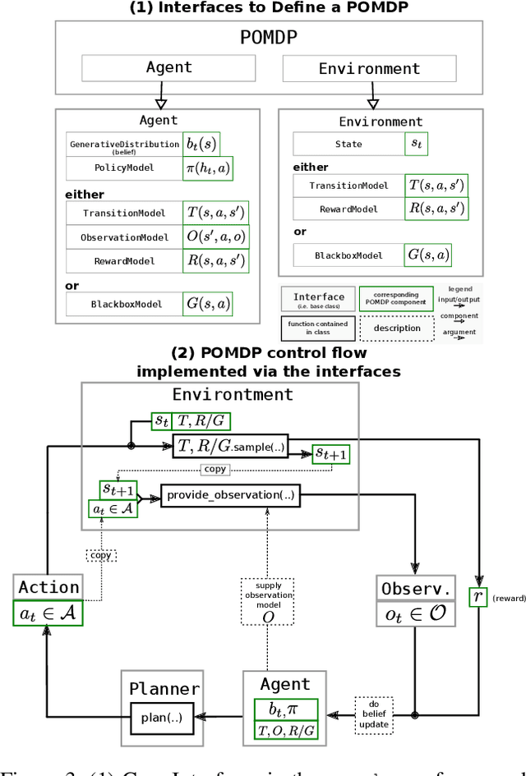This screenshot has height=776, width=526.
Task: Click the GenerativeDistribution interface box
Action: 124,145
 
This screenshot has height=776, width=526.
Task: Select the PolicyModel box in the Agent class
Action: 124,168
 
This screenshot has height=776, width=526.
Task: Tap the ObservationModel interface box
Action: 124,237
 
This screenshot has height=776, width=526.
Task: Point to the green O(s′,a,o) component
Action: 215,237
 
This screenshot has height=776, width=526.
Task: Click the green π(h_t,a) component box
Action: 208,168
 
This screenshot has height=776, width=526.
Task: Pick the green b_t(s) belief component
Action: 201,145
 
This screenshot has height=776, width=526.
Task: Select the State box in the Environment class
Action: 348,145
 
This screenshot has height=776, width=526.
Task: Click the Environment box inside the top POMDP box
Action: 369,68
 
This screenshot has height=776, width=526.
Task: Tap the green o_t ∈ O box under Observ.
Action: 414,614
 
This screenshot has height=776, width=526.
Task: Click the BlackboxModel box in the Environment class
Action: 348,255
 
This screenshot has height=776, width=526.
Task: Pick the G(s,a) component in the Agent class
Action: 208,304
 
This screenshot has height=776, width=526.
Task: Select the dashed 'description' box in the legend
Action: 397,328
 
